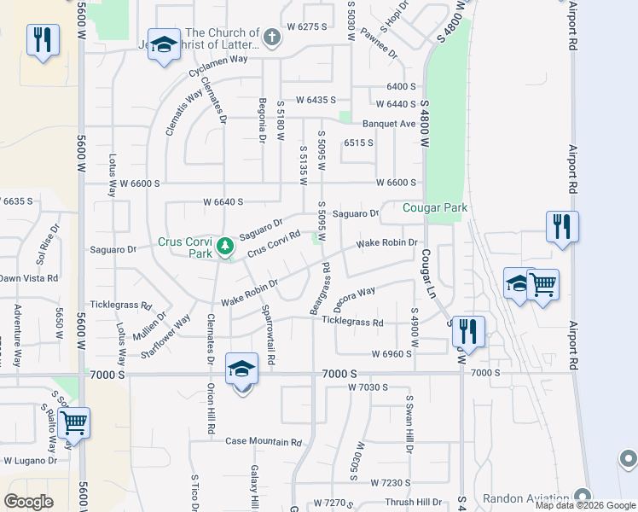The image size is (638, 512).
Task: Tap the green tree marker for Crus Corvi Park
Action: coord(224,247)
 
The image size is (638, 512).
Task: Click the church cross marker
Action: coord(271,38)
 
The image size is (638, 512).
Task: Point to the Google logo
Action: coord(28,502)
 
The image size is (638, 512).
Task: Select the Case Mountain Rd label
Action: coord(264,442)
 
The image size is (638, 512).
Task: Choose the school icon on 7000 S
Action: coord(241,370)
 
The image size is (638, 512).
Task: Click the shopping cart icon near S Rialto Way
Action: coord(74,422)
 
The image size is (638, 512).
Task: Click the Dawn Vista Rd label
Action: coord(29,278)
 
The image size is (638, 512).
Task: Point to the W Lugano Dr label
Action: coord(30,460)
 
